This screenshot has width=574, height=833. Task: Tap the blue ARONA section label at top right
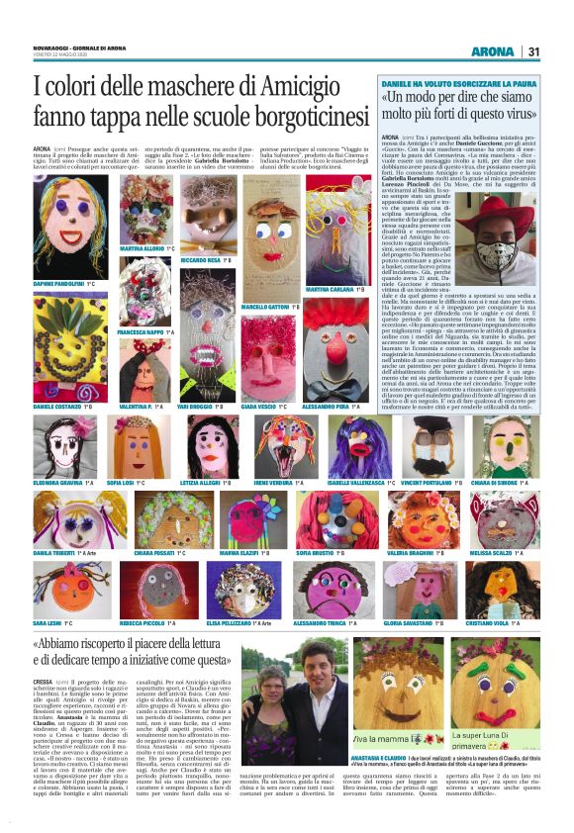[492, 51]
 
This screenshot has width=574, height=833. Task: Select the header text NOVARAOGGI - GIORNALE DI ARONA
[74, 46]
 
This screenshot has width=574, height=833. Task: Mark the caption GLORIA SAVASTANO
[408, 624]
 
